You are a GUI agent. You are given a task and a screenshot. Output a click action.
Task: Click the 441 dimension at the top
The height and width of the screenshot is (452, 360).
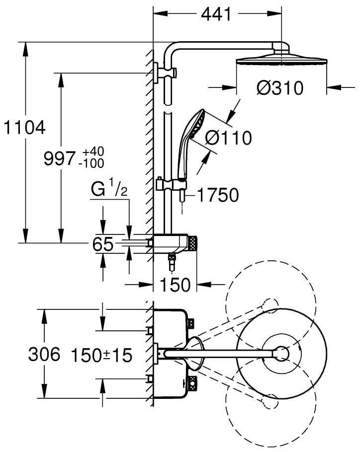216,14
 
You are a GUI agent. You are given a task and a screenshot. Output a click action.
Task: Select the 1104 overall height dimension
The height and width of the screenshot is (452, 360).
24,128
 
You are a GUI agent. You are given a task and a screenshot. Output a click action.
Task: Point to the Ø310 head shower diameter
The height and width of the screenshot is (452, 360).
280,88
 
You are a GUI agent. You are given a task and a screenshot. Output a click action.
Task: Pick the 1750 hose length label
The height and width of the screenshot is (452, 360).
218,195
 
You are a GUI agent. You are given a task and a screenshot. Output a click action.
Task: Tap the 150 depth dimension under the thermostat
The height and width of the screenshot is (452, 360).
175,285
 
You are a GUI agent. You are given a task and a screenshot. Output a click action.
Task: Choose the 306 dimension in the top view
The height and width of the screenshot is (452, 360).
44,354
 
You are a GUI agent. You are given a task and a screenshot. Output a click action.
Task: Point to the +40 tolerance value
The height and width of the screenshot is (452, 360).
92,151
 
